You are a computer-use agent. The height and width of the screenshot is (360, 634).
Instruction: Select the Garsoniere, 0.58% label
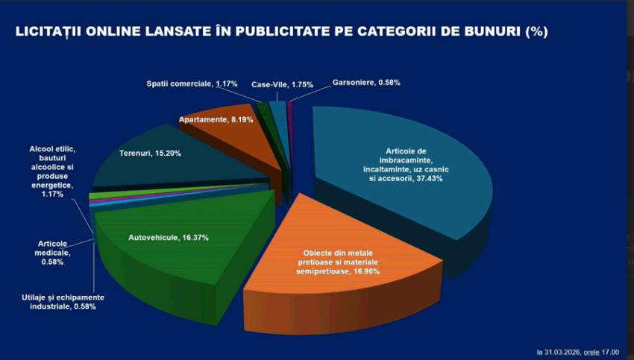(x=367, y=82)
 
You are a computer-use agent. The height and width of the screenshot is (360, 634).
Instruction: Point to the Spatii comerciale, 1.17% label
(x=191, y=83)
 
